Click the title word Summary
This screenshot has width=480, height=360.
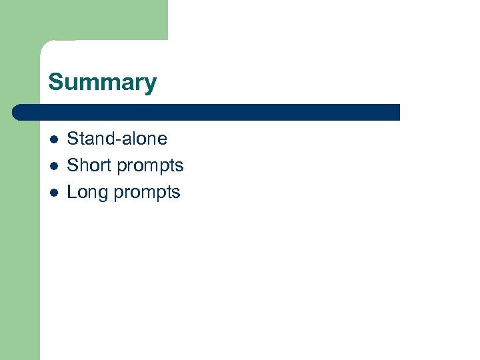coord(102,83)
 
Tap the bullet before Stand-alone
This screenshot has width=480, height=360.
coord(54,139)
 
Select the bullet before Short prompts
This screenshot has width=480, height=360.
coord(54,166)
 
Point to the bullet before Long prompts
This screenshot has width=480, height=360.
coord(54,193)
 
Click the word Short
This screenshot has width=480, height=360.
coord(89,165)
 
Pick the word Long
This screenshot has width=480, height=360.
coord(87,193)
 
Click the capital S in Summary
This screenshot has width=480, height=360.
coord(55,83)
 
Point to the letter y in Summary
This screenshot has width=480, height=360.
coord(151,85)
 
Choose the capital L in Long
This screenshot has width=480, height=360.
coord(72,192)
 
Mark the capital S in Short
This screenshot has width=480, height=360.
coord(73,165)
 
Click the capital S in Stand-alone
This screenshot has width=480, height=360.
coord(73,139)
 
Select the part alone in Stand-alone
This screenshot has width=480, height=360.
coord(142,139)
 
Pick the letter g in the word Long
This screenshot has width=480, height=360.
coord(103,194)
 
